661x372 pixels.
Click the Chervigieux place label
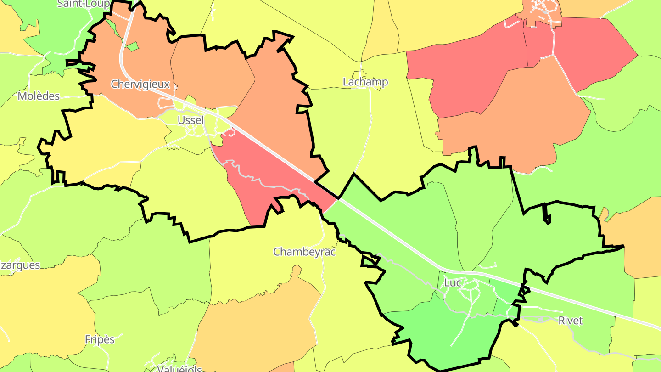(140, 85)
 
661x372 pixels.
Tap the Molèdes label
(39, 96)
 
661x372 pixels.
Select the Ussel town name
(190, 120)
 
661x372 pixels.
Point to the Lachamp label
(365, 82)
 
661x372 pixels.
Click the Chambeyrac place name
(304, 252)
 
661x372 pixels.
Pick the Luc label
(452, 283)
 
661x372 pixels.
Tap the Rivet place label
(570, 321)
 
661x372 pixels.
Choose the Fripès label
(100, 339)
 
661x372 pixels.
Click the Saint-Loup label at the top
(83, 4)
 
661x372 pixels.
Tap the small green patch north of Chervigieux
(132, 46)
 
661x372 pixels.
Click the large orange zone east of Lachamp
(514, 119)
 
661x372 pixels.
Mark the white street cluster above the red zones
(544, 9)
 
